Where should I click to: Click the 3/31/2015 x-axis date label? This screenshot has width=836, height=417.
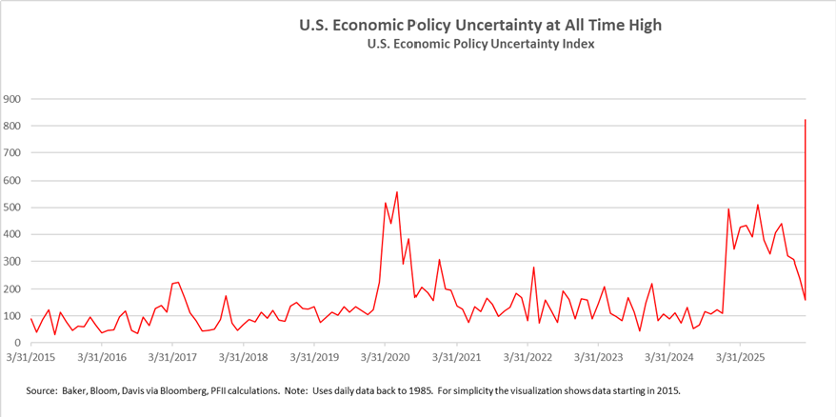(30, 358)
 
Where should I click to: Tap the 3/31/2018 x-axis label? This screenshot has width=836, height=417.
(243, 358)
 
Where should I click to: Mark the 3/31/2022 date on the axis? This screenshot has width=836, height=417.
(527, 358)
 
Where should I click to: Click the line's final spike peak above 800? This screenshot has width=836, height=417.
(806, 120)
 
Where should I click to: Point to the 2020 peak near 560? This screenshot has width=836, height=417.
(396, 191)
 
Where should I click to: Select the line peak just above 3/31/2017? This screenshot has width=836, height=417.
(177, 282)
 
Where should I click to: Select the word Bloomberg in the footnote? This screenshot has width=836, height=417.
(203, 390)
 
